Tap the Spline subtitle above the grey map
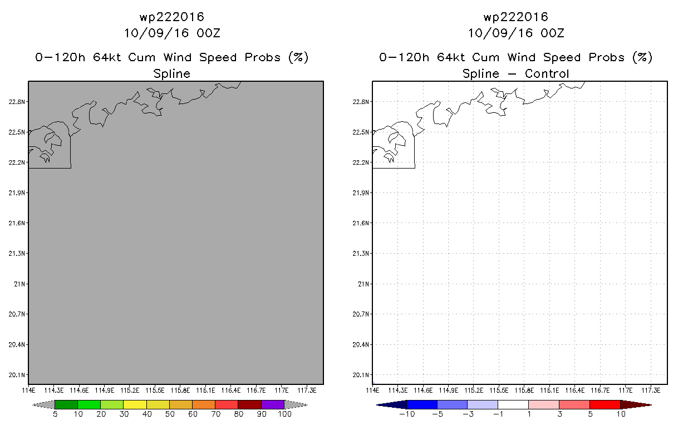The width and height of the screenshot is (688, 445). tap(171, 73)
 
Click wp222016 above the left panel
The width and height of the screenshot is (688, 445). tap(171, 18)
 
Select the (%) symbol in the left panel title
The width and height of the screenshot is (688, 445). tap(298, 57)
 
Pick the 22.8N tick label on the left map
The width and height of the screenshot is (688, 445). tap(17, 102)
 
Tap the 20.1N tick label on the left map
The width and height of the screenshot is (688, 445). tap(17, 374)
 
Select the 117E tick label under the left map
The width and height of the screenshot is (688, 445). tap(281, 390)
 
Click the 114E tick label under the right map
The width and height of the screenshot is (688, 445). tap(372, 390)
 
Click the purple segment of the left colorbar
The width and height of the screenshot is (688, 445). tap(273, 404)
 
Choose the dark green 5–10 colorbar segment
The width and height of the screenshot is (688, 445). tap(66, 404)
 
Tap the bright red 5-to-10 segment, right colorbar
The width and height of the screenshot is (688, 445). tap(605, 404)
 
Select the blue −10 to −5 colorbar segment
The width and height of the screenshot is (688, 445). tap(422, 404)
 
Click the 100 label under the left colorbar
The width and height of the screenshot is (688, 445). tap(284, 414)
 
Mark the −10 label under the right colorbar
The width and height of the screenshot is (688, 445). tap(405, 414)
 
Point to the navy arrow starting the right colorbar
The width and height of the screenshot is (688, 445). tap(391, 404)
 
